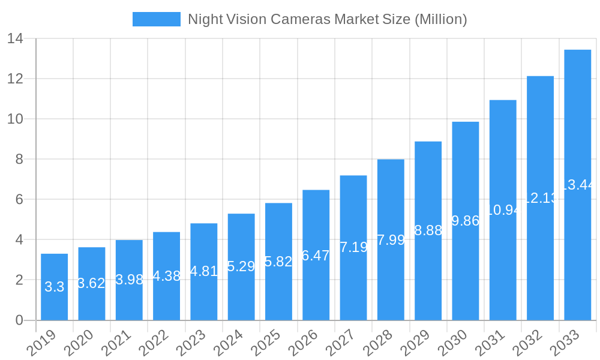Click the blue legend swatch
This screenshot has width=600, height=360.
tap(156, 19)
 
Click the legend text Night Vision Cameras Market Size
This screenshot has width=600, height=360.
tap(327, 19)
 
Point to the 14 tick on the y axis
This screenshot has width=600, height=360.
tap(15, 39)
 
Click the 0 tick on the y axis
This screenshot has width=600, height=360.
tap(19, 320)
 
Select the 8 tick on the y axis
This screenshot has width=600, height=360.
tap(19, 160)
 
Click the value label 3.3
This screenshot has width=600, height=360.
tap(54, 287)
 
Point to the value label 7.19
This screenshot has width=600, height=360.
tap(353, 247)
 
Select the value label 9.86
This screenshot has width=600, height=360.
tap(465, 221)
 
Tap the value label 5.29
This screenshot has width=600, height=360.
tap(241, 266)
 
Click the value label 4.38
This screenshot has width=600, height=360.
tap(166, 276)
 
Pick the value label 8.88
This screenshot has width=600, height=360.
tap(428, 230)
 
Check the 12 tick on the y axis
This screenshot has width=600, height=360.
tap(15, 79)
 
